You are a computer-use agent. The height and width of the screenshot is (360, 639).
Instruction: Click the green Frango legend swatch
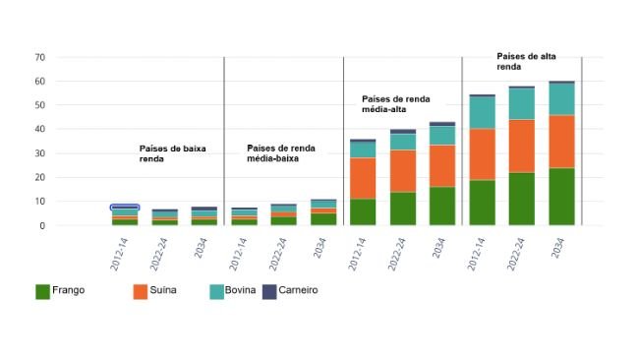point(42,291)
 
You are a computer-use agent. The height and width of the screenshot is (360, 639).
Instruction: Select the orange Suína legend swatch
point(141,291)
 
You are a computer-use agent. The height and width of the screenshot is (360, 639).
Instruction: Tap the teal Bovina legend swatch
point(218,291)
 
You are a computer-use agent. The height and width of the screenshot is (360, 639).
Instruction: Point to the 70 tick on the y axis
point(39,57)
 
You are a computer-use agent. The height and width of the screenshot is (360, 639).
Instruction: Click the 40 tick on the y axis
point(39,129)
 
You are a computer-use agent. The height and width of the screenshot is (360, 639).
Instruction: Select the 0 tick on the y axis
point(42,225)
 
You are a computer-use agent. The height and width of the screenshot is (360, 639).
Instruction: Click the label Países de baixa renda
point(172,152)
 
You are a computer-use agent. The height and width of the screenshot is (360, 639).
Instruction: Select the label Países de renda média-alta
point(397,104)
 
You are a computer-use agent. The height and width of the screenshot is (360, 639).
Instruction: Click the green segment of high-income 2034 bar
point(561,197)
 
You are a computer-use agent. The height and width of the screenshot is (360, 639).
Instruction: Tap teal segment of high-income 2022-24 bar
point(522,104)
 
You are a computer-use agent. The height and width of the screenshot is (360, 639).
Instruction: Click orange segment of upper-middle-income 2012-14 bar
point(363,178)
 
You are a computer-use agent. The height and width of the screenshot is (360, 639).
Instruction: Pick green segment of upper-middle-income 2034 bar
point(442,206)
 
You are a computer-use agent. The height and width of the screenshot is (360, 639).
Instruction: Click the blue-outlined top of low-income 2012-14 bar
point(125,208)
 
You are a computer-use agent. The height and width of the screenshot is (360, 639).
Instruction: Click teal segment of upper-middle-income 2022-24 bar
point(403,142)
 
